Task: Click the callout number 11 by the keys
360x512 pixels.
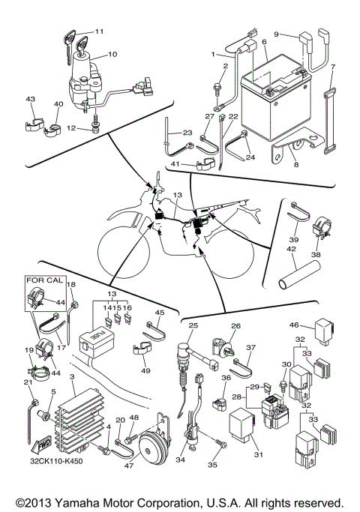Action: (x=100, y=31)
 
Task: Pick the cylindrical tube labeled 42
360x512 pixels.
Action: (x=295, y=268)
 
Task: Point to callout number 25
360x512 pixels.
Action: (x=193, y=325)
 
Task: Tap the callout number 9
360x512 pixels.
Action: (x=277, y=34)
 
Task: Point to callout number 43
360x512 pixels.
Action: (x=31, y=100)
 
